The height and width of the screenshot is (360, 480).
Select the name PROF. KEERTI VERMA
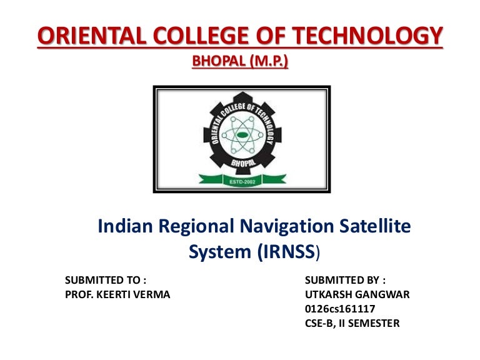tap(117, 294)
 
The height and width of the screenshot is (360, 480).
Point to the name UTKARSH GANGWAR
tap(357, 294)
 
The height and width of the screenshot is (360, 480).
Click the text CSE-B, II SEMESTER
tap(351, 323)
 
